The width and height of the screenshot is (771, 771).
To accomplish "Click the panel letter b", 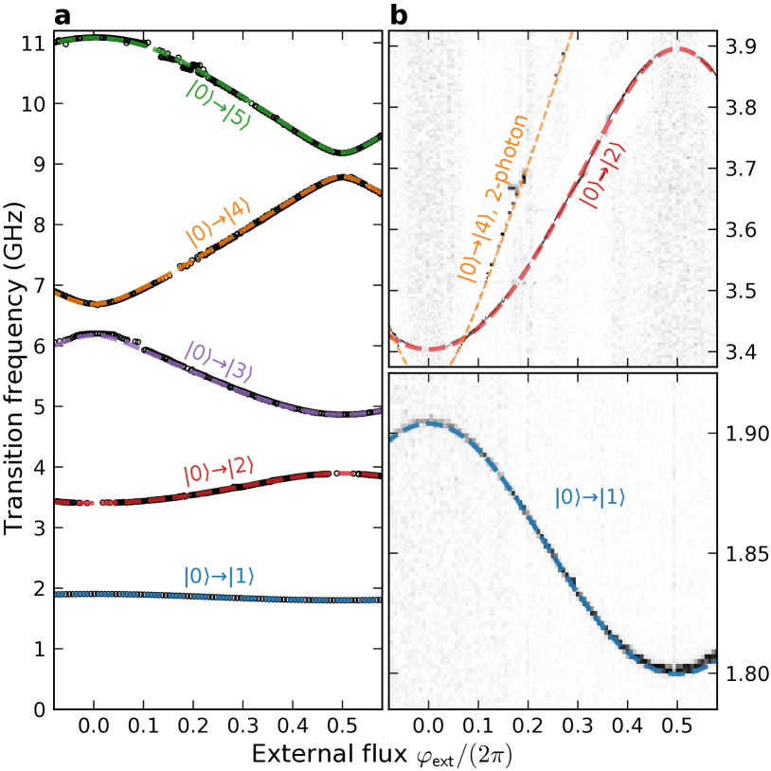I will [399, 16].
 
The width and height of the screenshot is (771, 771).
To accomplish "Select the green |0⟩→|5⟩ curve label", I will [218, 106].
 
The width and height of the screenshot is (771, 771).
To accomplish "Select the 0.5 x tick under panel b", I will [677, 726].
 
